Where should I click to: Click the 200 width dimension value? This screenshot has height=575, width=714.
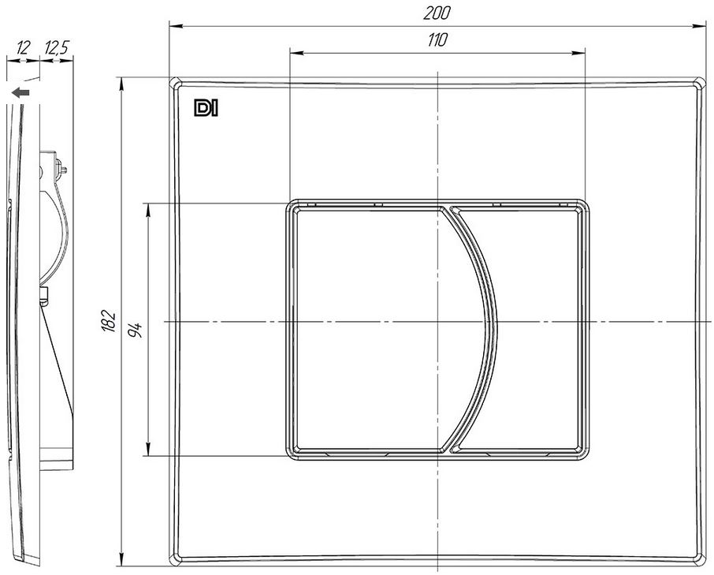click(437, 13)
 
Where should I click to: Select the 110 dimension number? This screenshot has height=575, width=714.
click(437, 40)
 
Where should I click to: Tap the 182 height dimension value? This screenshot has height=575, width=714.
click(109, 321)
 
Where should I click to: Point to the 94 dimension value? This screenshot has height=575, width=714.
click(136, 330)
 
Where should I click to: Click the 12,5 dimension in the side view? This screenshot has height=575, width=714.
click(57, 47)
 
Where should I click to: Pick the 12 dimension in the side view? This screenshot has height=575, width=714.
click(23, 47)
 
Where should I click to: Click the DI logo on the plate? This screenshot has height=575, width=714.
click(206, 108)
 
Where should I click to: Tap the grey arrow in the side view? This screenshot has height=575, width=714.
click(20, 93)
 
